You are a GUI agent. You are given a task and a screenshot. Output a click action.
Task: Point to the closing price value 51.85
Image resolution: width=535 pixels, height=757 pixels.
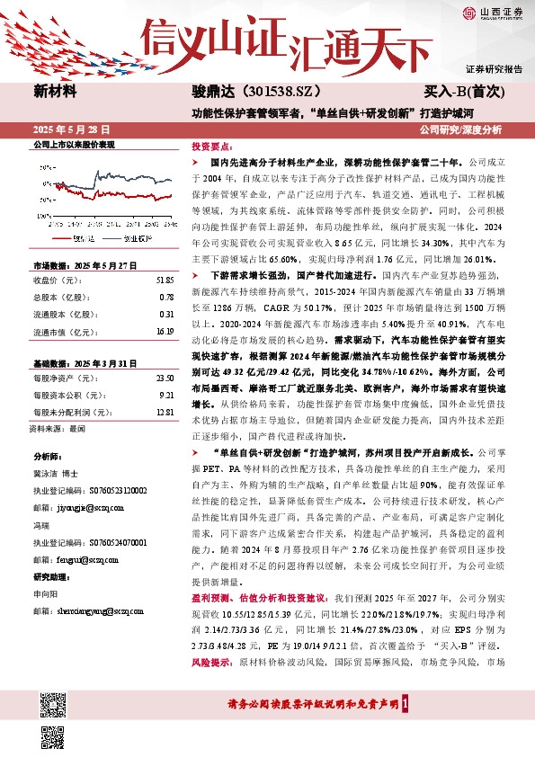[x=165, y=281]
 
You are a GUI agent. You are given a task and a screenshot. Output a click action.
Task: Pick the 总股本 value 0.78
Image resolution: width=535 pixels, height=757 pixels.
[x=166, y=298]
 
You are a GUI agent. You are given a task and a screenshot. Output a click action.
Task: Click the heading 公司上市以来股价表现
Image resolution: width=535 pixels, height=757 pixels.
[x=74, y=144]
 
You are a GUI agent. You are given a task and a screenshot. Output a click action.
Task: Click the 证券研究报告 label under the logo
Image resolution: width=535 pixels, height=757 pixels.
[x=494, y=68]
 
